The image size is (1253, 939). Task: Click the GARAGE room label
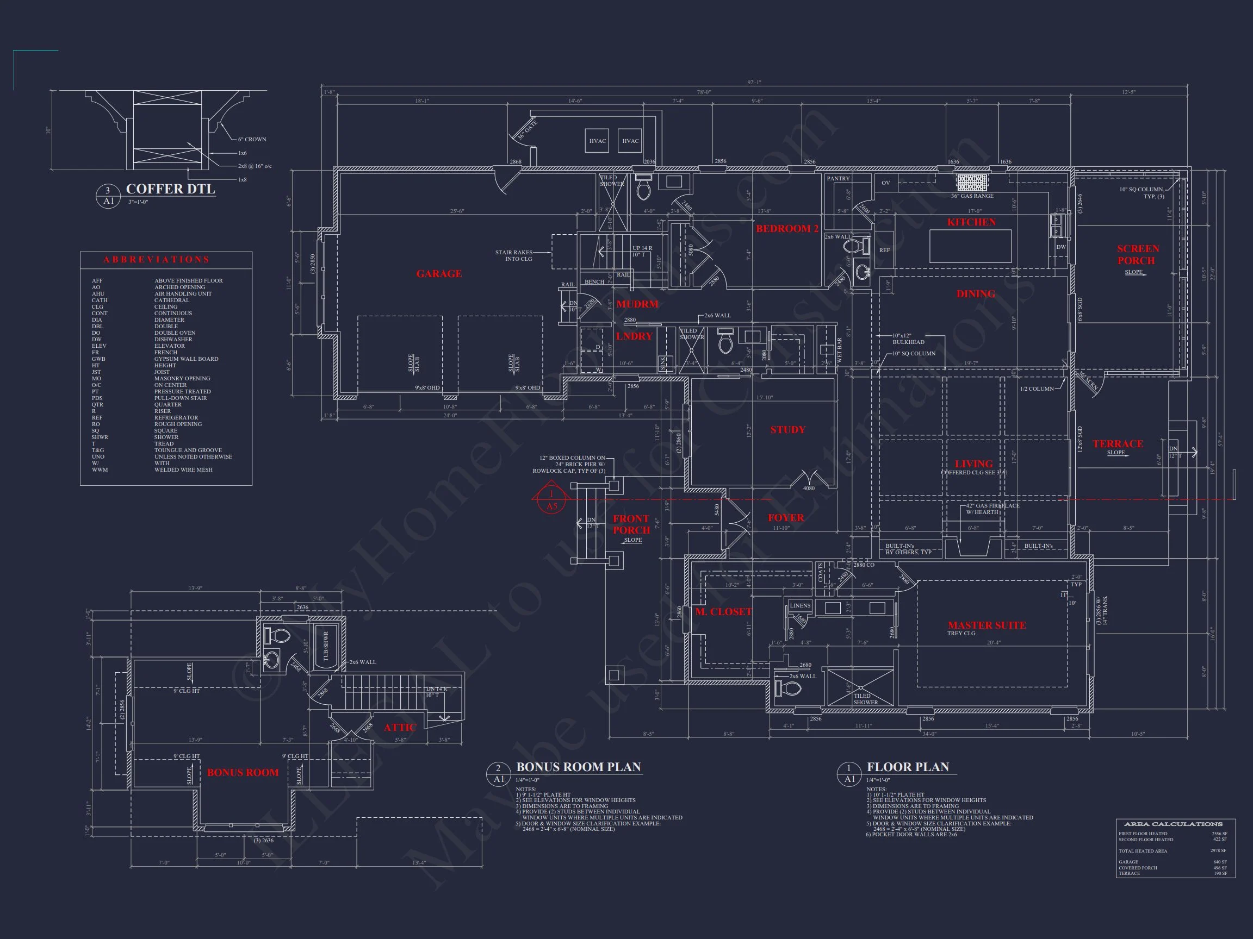click(439, 274)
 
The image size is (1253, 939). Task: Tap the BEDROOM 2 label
click(787, 229)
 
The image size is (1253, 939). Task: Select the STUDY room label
click(787, 430)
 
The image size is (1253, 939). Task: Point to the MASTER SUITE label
click(987, 625)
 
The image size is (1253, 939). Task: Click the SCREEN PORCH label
click(1138, 255)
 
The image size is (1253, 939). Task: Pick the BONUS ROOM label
click(243, 773)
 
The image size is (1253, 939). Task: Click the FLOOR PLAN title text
click(908, 767)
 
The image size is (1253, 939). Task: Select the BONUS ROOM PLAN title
click(578, 767)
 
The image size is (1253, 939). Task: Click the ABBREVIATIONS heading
click(156, 260)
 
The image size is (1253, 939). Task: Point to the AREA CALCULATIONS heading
click(1173, 824)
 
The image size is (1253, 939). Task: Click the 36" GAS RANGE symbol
click(972, 181)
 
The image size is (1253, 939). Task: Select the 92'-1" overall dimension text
click(754, 83)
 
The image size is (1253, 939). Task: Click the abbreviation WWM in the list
click(100, 470)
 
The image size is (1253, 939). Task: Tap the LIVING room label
click(973, 464)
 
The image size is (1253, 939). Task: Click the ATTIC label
click(400, 727)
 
